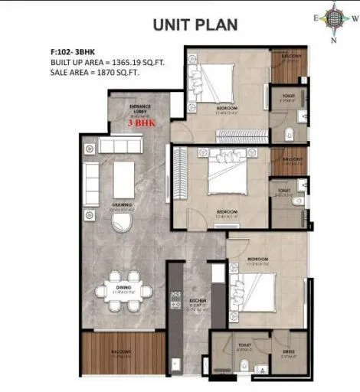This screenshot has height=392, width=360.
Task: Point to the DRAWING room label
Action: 122,204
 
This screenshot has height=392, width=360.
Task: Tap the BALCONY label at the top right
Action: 290,56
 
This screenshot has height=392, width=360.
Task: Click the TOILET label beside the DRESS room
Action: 244,345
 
